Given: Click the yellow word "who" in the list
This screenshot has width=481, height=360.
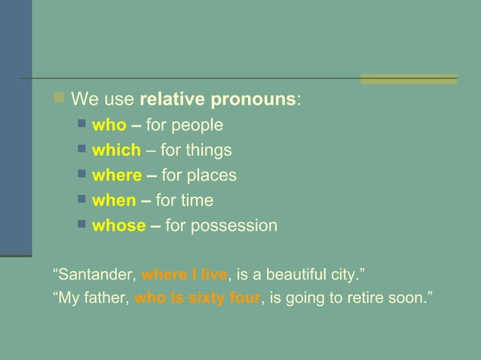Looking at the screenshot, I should pos(109,125).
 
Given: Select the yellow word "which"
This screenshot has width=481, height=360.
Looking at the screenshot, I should pos(116,150).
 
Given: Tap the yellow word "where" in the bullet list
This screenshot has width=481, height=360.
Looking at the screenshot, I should pos(117,175).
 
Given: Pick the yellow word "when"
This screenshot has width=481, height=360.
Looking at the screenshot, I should pos(113,200).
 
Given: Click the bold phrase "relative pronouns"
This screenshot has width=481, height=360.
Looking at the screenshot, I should pos(219,99).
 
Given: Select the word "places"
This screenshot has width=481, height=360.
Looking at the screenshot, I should pos(211,175).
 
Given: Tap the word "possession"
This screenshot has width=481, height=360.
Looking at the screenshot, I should pos(233,225).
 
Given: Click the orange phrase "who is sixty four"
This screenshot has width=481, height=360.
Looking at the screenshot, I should pos(198,299).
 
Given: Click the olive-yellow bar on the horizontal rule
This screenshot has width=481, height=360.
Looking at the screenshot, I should pos(408,78).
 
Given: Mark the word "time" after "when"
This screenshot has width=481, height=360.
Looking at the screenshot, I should pos(195,200).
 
